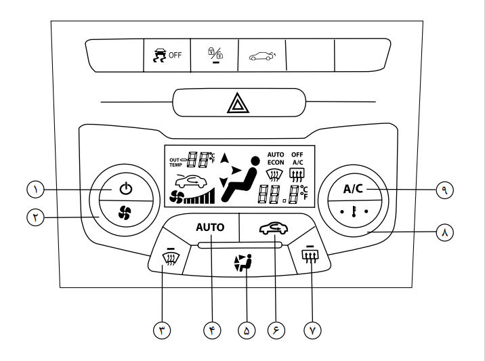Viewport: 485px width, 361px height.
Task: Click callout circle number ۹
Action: (445, 189)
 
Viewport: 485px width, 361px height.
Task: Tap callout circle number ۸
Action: (445, 231)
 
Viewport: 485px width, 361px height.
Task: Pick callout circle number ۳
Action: (163, 330)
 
